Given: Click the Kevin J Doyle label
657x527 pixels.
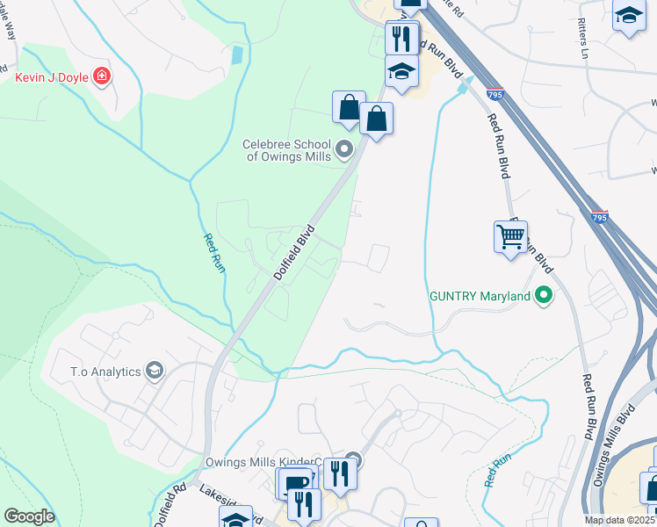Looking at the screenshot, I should click(x=51, y=77).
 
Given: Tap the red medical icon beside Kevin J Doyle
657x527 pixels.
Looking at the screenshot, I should click(x=103, y=76).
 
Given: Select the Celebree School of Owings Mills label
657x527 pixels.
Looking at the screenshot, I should click(x=287, y=150).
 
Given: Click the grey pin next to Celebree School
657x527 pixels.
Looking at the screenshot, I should click(x=344, y=149).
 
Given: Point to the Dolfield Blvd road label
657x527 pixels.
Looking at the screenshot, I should click(x=293, y=254).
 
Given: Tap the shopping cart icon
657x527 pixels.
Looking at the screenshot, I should click(x=510, y=235).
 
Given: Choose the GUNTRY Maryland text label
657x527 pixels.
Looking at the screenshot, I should click(x=480, y=296).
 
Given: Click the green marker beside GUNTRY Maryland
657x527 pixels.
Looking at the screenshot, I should click(x=545, y=296).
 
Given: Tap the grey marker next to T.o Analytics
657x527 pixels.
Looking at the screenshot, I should click(x=155, y=371).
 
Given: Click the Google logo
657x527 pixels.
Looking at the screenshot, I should click(x=30, y=516).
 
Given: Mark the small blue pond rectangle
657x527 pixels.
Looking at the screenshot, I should click(x=236, y=54).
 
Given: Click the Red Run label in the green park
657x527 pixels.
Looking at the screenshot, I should click(x=213, y=253).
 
